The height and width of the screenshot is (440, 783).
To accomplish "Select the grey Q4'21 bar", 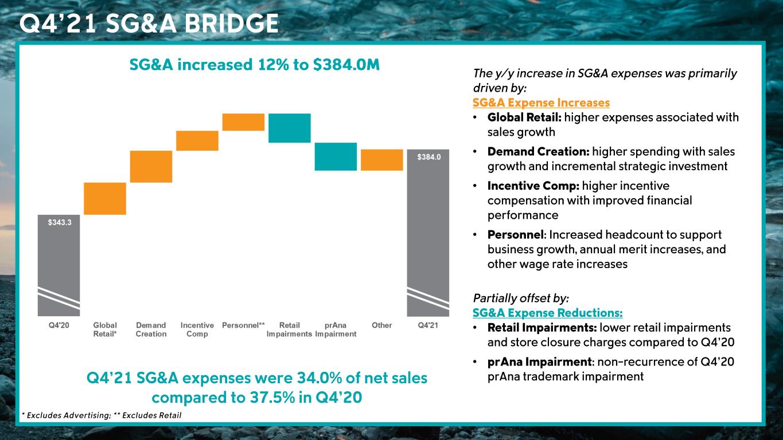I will (428, 233).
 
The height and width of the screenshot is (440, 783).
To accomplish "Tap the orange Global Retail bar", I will (105, 198).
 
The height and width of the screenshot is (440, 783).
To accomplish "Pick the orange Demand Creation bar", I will (151, 166).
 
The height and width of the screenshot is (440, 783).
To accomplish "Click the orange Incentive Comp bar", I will (197, 140).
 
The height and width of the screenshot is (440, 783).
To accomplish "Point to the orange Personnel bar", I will (243, 122).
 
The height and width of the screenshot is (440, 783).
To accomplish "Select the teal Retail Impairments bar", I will (290, 128).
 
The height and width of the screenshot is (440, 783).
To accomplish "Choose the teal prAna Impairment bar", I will (336, 156).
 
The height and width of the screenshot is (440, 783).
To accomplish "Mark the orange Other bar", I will (382, 160).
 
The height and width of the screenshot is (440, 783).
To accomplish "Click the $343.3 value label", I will (59, 223).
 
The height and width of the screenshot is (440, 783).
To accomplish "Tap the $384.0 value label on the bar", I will (428, 157).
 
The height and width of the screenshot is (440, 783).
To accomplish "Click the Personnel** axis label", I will (243, 325).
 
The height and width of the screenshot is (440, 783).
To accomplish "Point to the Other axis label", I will (382, 325).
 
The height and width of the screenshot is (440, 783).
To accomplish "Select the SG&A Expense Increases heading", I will (541, 103).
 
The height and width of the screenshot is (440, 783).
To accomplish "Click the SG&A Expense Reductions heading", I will (547, 313).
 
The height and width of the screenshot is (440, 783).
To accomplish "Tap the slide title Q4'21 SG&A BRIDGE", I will (149, 23).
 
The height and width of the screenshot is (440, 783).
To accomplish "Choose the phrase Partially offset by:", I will (520, 298).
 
